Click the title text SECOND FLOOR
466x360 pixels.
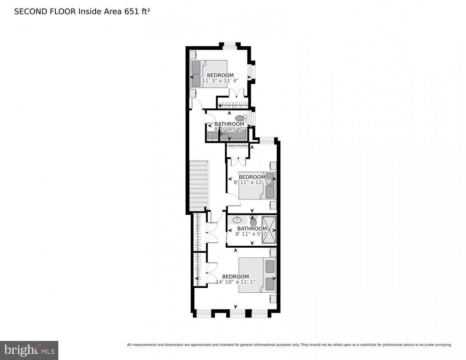coord(45,12)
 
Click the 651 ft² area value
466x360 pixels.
coord(137,12)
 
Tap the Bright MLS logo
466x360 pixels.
coord(29,350)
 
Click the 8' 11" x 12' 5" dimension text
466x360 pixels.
coord(252,182)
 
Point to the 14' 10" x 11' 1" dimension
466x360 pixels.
coord(235,282)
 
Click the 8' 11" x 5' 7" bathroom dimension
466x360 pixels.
coord(252,234)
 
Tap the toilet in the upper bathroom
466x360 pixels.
coord(240,118)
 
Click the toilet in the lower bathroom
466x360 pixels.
coord(253,222)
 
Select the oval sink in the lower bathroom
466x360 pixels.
coord(237,220)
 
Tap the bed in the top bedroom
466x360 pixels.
coord(209,74)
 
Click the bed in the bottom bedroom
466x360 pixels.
coord(257,275)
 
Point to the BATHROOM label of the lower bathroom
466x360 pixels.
coord(252,229)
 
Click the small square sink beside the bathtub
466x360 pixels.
coord(212,136)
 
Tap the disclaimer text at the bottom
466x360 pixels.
coord(289,345)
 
